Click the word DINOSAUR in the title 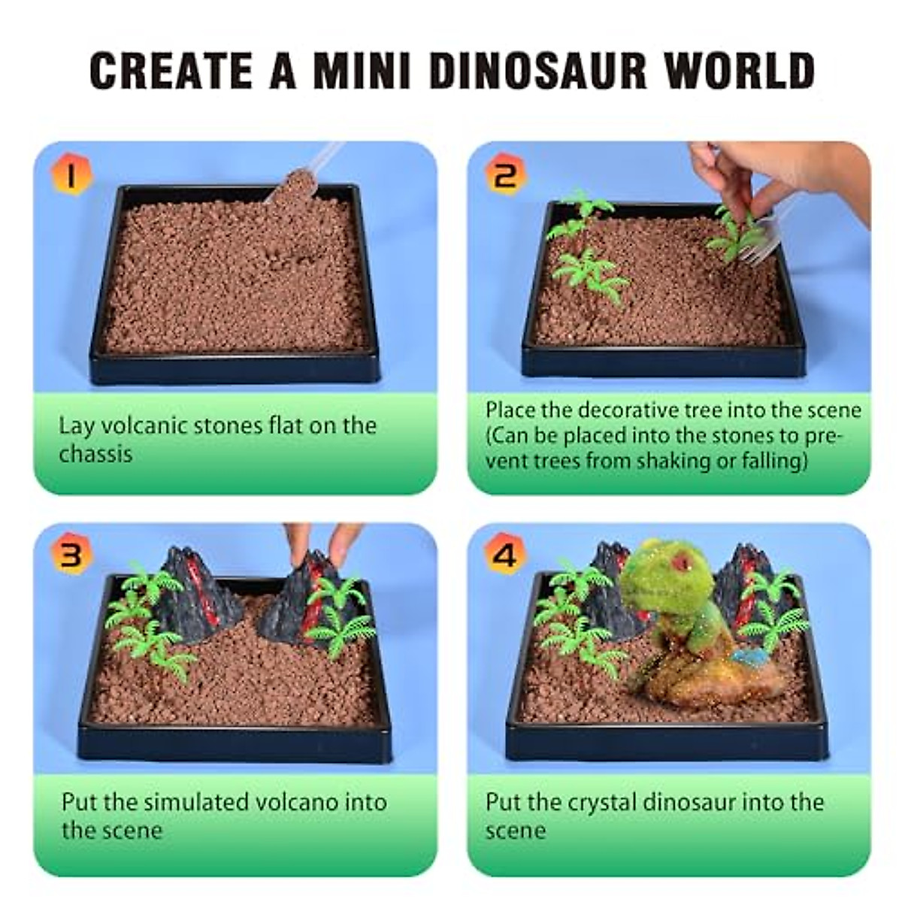click(x=538, y=70)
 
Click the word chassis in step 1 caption click(x=96, y=454)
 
